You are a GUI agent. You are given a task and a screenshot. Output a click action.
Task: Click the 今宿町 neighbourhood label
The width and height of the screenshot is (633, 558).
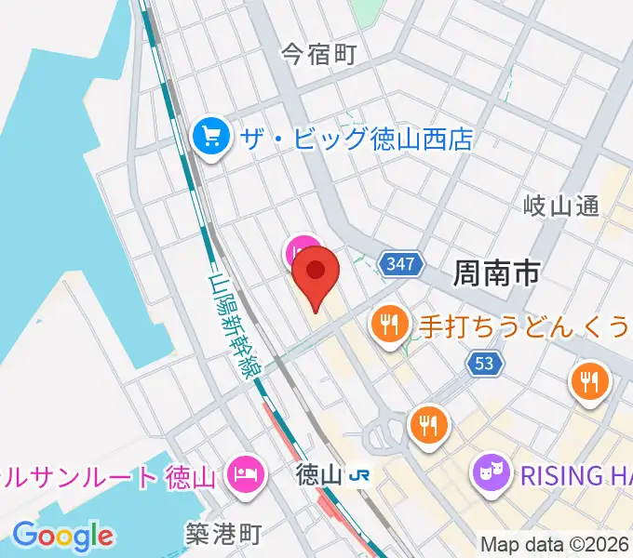[x=319, y=55]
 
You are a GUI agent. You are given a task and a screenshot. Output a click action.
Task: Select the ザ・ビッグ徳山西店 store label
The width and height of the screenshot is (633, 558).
[x=357, y=139]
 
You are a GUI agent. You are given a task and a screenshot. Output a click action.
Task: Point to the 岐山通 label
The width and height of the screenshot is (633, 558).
[x=561, y=206]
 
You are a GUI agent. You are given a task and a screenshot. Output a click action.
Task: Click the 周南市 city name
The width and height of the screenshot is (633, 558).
[x=497, y=272]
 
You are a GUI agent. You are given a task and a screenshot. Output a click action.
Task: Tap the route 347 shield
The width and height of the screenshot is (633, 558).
[x=399, y=265]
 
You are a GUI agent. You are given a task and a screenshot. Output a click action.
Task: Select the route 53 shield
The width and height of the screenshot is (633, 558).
[x=484, y=363]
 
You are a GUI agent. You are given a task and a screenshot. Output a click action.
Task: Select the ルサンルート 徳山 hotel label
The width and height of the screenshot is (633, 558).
[x=110, y=476]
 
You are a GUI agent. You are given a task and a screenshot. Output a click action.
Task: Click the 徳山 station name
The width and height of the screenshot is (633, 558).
[x=317, y=475]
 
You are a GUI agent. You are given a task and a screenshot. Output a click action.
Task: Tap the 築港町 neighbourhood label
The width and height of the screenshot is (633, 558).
[x=222, y=533]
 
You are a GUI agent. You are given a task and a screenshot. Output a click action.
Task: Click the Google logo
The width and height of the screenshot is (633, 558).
[x=62, y=535]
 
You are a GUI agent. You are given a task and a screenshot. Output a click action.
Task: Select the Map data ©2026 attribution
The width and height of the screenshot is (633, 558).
[x=555, y=544]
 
